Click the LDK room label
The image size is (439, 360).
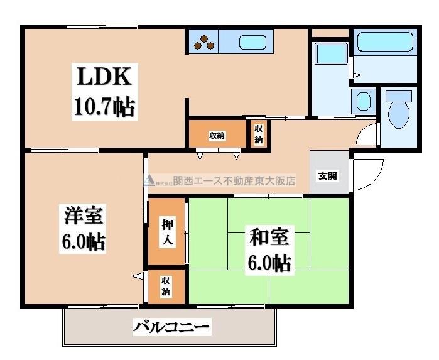104,77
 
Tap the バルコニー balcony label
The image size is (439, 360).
171,327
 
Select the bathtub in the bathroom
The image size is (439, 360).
384,43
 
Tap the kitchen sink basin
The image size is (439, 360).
256,43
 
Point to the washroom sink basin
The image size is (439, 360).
362,101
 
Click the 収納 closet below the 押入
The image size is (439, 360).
166,286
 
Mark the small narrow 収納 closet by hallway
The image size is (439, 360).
258,133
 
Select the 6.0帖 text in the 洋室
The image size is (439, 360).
83,241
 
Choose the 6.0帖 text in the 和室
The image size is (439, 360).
269,263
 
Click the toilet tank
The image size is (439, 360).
399,96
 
